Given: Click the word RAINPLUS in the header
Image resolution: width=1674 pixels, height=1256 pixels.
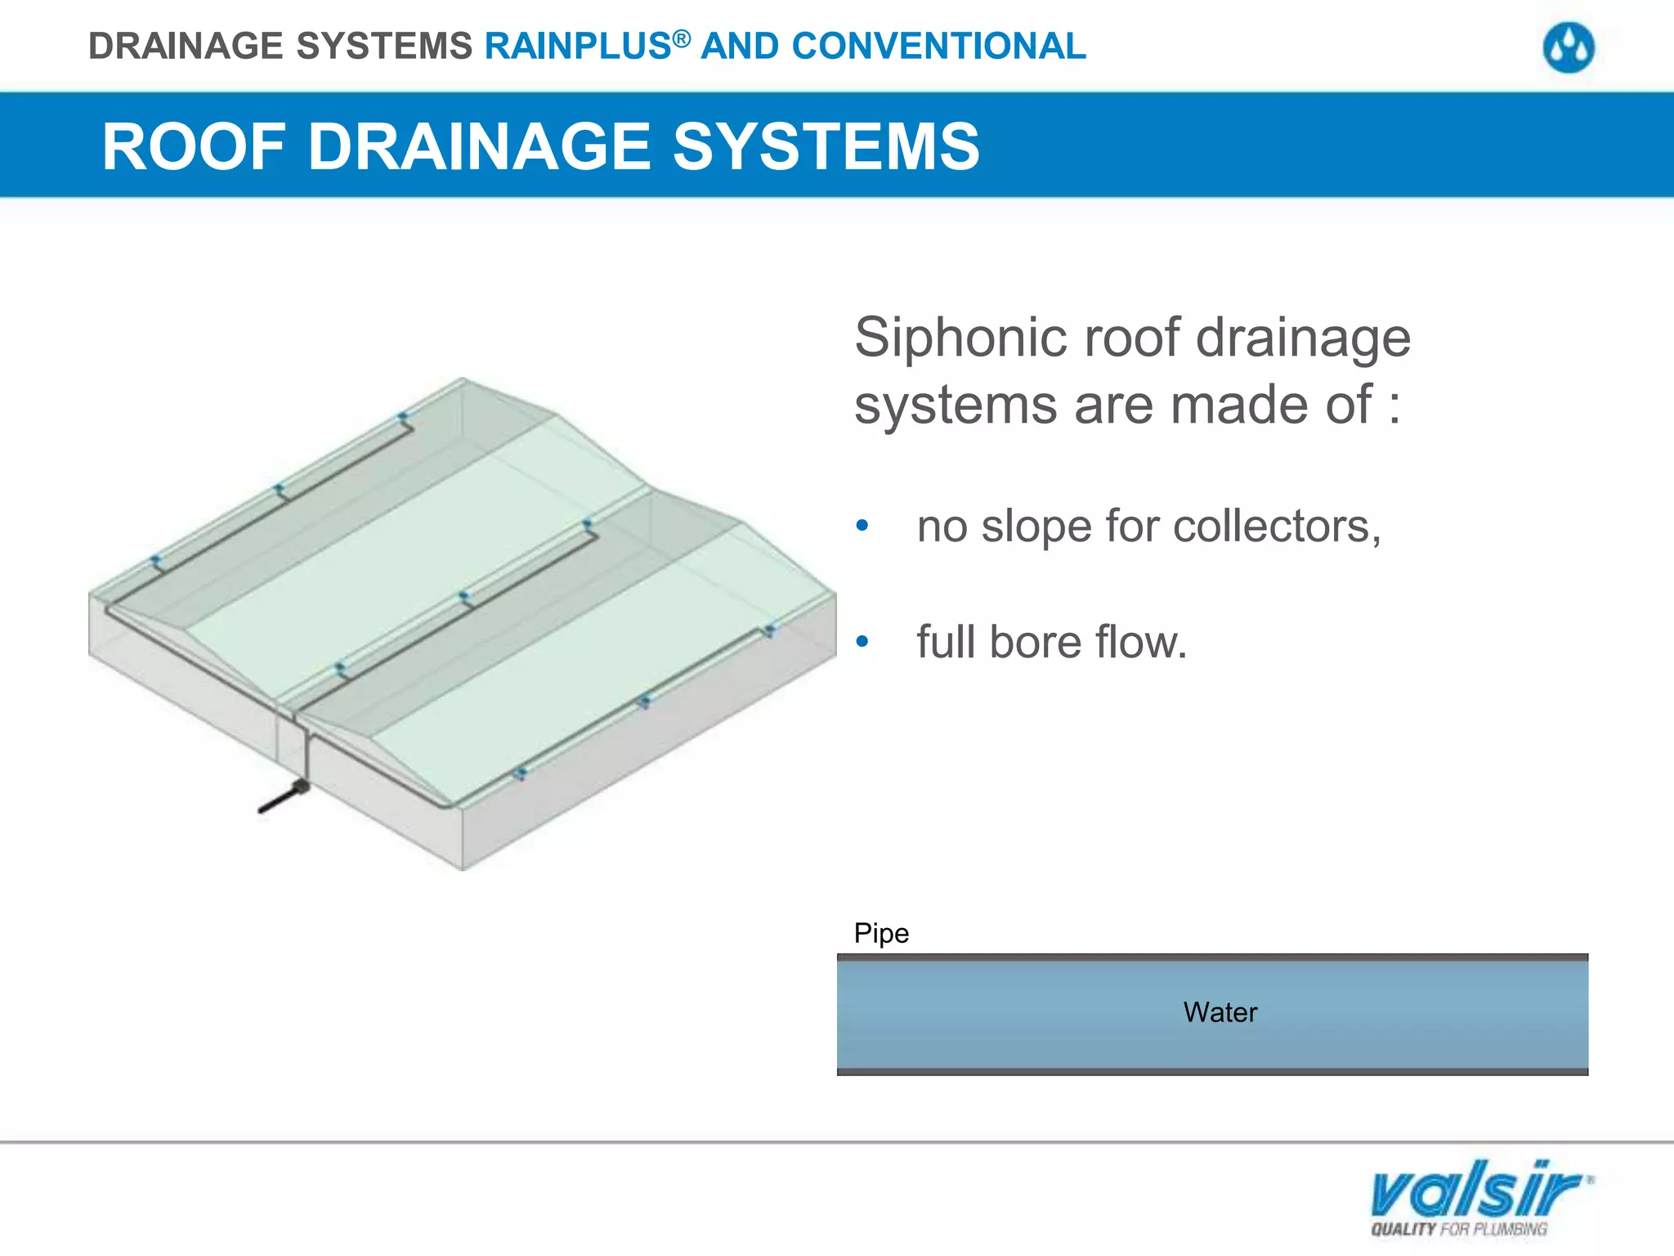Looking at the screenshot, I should point(578,47).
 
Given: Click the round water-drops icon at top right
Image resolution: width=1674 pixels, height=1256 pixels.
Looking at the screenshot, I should point(1568,48).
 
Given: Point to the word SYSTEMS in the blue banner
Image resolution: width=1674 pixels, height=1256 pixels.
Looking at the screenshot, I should point(826,147).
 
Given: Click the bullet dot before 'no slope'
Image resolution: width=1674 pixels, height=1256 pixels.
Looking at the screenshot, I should point(862,526).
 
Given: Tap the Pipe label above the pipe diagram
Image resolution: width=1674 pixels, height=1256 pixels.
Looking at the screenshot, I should point(880,933).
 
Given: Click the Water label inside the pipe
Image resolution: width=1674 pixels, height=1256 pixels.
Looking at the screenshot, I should point(1220,1012).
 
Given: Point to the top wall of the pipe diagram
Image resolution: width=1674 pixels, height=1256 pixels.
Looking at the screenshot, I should point(1212,957).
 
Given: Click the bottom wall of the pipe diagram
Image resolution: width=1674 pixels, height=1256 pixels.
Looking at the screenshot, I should point(1212,1071).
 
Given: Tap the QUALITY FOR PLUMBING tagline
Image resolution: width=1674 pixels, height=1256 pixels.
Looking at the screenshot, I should point(1459,1229).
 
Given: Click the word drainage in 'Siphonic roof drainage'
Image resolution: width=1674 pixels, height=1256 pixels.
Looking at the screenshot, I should point(1303,338).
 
